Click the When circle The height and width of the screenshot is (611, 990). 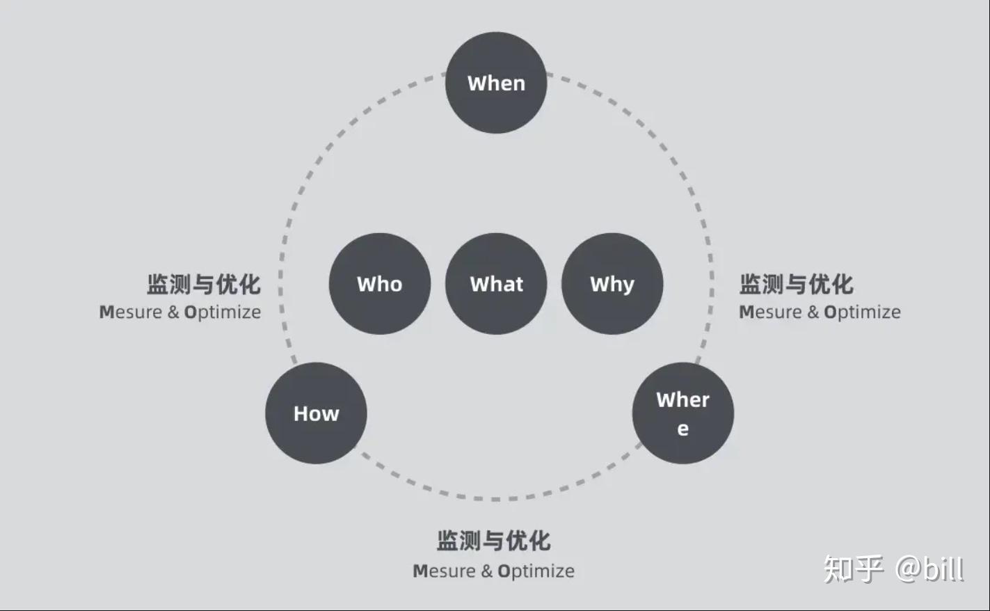click(496, 83)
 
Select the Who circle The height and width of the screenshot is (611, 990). click(380, 284)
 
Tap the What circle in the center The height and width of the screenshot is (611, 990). click(496, 284)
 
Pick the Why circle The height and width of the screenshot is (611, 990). click(612, 284)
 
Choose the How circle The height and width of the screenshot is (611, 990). click(316, 413)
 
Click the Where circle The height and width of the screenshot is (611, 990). click(682, 413)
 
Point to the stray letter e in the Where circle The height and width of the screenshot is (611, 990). click(682, 429)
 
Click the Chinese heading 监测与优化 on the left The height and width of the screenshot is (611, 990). click(204, 284)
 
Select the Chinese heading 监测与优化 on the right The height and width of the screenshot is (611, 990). click(796, 284)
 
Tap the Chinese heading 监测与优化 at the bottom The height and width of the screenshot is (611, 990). click(494, 540)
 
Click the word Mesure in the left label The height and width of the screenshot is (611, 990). click(130, 312)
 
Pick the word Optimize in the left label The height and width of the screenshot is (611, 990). click(223, 313)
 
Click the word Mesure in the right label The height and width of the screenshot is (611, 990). click(770, 312)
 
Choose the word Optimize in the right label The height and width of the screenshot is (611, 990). click(862, 313)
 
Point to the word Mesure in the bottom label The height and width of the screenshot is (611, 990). click(444, 571)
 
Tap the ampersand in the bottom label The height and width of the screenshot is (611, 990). click(486, 571)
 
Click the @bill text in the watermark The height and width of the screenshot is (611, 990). click(929, 569)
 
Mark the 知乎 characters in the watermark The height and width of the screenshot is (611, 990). click(854, 569)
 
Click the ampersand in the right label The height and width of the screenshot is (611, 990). click(813, 312)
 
